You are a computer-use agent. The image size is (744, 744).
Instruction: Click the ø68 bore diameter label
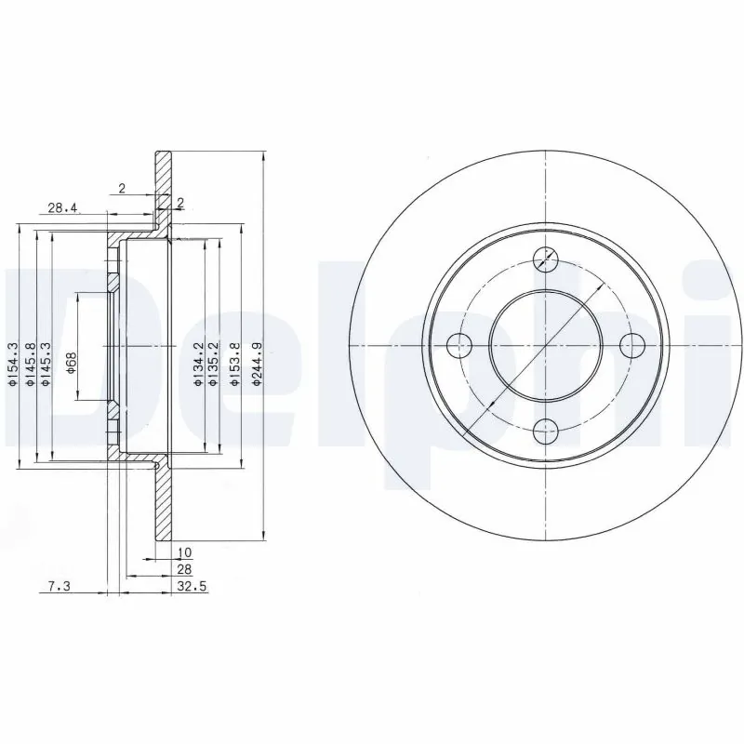pyautogui.click(x=70, y=361)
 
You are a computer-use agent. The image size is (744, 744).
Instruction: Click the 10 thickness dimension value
pyautogui.click(x=184, y=552)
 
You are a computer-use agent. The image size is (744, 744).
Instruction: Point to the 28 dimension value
pyautogui.click(x=184, y=569)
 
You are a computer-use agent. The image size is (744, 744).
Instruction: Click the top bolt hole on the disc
pyautogui.click(x=547, y=259)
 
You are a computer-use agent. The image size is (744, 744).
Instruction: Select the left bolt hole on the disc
pyautogui.click(x=458, y=345)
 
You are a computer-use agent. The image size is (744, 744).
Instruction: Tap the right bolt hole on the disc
pyautogui.click(x=632, y=345)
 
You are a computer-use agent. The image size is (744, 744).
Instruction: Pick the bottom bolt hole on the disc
pyautogui.click(x=547, y=430)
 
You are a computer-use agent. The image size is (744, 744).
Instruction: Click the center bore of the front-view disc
pyautogui.click(x=546, y=345)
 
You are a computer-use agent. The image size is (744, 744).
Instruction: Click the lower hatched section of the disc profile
pyautogui.click(x=164, y=507)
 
